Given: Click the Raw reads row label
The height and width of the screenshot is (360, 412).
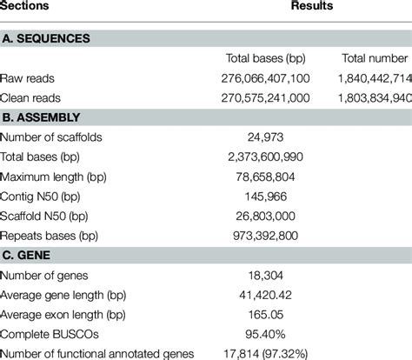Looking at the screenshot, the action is click(x=28, y=77).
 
